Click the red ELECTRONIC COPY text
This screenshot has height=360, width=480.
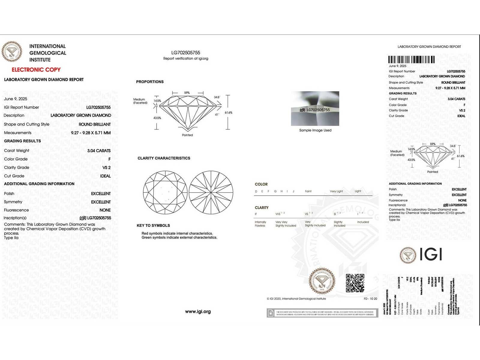[x=36, y=70]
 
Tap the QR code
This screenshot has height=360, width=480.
[x=355, y=283]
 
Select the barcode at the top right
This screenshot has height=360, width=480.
[x=411, y=59]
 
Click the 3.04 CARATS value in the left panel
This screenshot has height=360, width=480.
[x=99, y=151]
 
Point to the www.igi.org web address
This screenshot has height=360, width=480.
[x=198, y=311]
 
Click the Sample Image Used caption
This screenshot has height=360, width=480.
[x=315, y=130]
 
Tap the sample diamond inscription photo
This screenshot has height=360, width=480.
[x=315, y=108]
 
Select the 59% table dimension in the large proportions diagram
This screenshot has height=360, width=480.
[x=187, y=93]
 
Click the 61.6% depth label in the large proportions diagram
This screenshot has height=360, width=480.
[x=228, y=112]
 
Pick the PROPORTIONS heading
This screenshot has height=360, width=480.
[x=150, y=82]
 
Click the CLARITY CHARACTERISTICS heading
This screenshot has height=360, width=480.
[x=164, y=158]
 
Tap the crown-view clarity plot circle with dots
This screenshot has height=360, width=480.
[x=165, y=192]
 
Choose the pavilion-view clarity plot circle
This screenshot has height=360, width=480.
[x=211, y=192]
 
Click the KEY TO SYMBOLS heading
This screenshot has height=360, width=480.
[x=153, y=225]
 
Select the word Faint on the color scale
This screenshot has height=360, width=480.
[x=308, y=191]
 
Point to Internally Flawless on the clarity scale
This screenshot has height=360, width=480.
[x=260, y=224]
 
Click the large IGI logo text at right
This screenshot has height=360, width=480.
[x=431, y=254]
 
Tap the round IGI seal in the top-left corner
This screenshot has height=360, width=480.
[x=12, y=52]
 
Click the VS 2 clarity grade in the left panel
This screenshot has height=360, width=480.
[x=106, y=167]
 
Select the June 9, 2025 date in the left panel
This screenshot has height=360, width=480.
[x=16, y=99]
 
